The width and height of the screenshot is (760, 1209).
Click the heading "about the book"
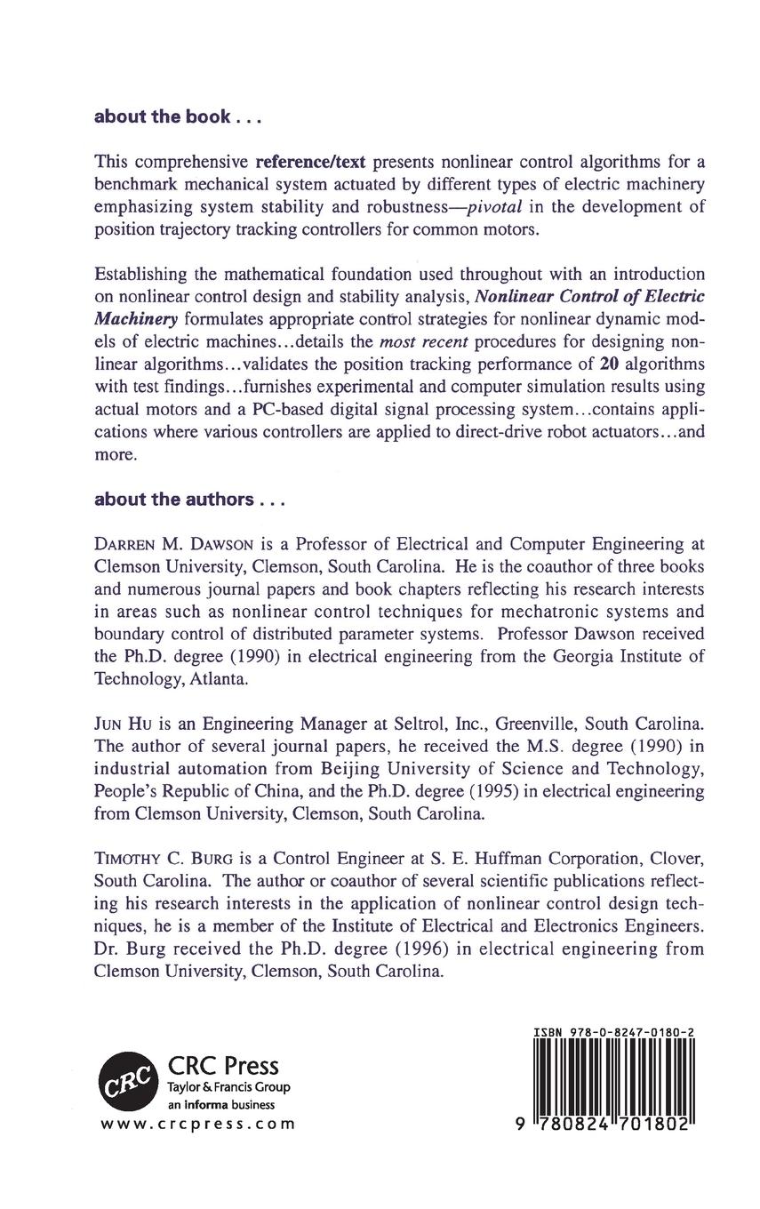[x=164, y=116]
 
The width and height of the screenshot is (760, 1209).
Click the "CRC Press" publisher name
[x=223, y=1065]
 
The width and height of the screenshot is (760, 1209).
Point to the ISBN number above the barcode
[x=614, y=1033]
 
